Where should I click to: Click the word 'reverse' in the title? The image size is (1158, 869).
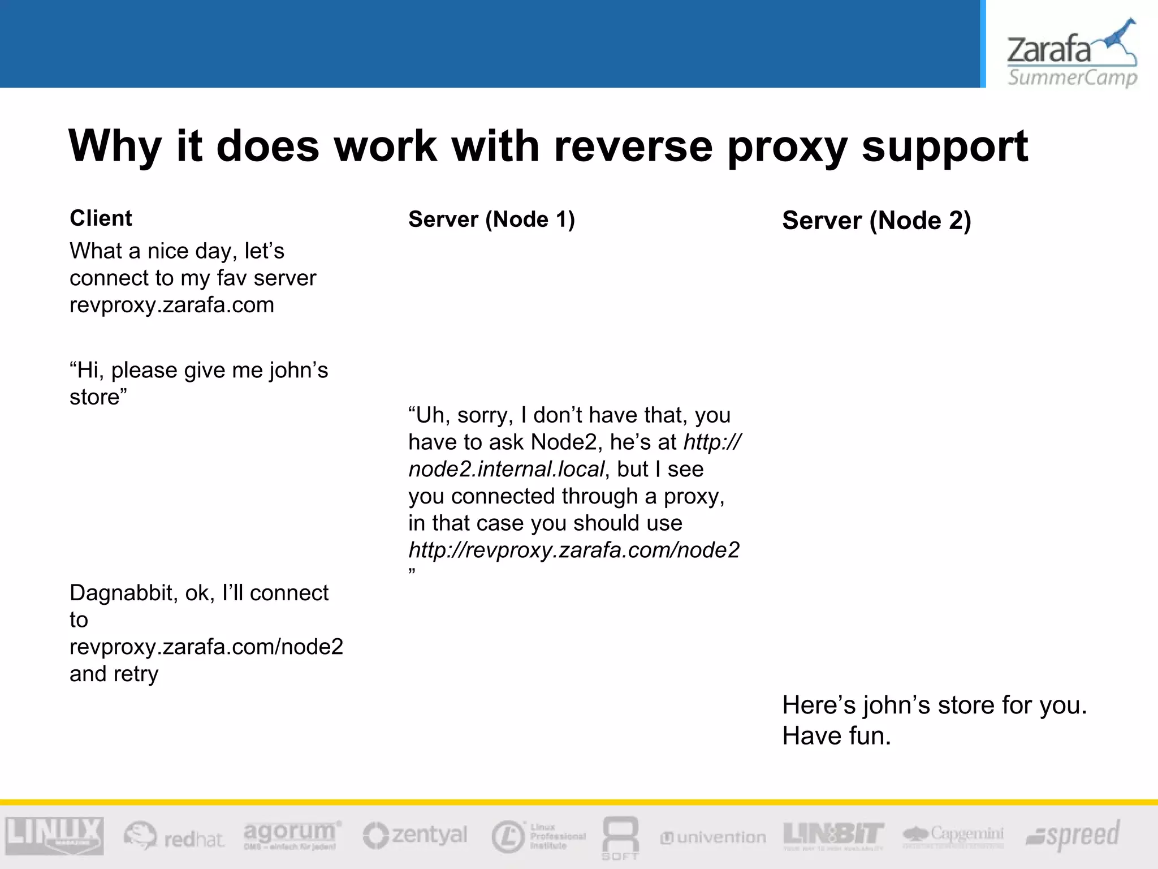coord(633,146)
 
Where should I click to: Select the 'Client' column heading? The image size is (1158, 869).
coord(101,218)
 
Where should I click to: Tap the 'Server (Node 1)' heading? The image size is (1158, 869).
coord(491,220)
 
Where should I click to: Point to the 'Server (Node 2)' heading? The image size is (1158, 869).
coord(876,221)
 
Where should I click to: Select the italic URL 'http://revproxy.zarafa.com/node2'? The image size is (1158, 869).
coord(573,550)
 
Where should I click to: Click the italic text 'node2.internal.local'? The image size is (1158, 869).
coord(506,469)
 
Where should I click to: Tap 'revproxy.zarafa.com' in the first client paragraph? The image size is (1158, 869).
coord(171,305)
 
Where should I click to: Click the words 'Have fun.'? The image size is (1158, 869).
coord(836,736)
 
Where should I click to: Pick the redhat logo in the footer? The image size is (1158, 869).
coord(174,837)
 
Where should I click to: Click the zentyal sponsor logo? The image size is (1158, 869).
coord(416,836)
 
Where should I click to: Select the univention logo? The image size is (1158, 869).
coord(713,837)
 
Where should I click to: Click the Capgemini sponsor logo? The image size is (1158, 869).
coord(953,834)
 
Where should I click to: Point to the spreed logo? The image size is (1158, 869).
coord(1073,836)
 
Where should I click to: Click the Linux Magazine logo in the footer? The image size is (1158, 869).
coord(54,835)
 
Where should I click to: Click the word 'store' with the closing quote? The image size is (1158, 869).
coord(98,397)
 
